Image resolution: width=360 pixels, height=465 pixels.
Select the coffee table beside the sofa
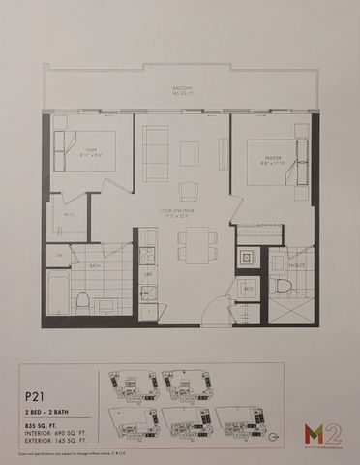pos(189,153)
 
